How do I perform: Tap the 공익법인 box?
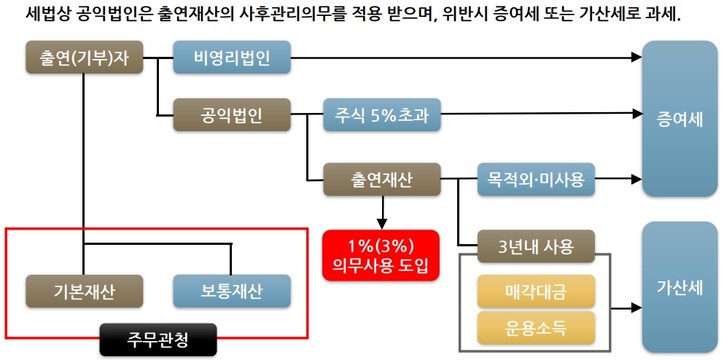[x=231, y=116]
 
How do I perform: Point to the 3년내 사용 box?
[x=536, y=246]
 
